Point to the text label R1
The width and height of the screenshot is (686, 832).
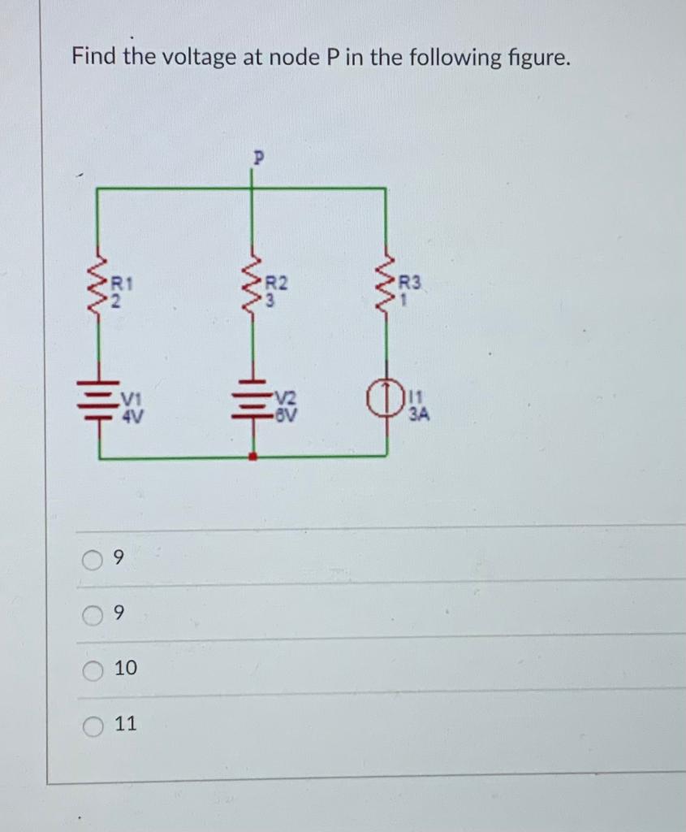[122, 283]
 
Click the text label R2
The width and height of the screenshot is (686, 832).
[277, 283]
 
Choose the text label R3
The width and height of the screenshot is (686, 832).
[412, 283]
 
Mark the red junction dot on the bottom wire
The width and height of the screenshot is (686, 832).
[252, 458]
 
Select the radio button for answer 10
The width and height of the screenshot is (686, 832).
[93, 669]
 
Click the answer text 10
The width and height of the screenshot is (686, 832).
[126, 669]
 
